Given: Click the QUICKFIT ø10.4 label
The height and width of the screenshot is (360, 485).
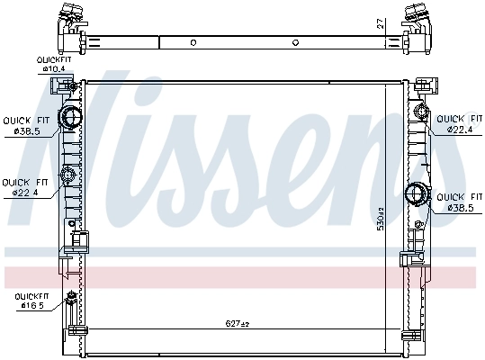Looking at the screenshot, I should pos(53,64).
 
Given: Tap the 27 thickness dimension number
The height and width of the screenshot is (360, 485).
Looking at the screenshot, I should pos(382,24).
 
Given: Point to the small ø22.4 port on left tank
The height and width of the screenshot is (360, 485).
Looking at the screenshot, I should pos(66,176).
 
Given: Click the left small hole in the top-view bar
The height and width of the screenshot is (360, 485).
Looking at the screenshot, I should pos(193,41).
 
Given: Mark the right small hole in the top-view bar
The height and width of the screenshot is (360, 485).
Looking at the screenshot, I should pos(297,41).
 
